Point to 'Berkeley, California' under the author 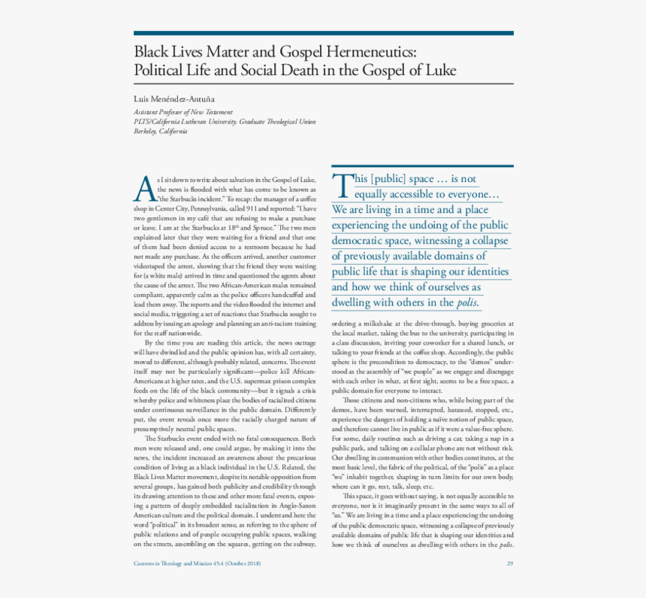160,131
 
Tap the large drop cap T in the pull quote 341,184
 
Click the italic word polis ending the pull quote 466,303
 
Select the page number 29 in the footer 509,563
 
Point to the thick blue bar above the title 323,33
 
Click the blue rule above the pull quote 422,166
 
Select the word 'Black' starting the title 151,51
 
